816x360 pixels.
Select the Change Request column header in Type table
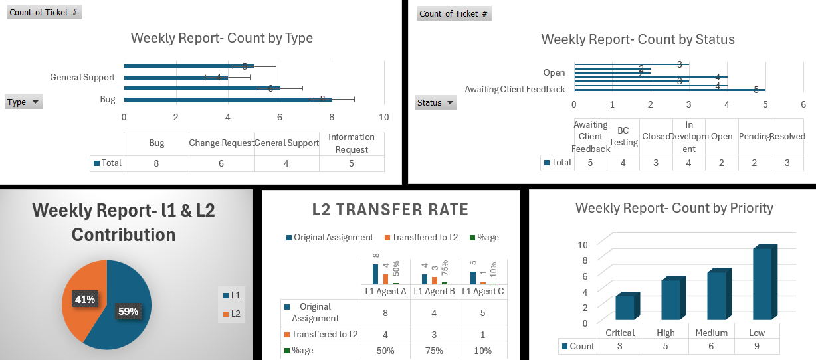pos(221,143)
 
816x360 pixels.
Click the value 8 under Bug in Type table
pos(156,163)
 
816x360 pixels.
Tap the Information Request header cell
pos(352,143)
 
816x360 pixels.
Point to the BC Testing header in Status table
pos(623,137)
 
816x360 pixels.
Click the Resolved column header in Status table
pos(788,137)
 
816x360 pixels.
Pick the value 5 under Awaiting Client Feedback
pos(590,163)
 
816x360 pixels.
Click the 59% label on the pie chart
pos(128,312)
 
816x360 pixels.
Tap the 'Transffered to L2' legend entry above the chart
pos(421,238)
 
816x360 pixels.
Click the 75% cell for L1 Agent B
pos(434,351)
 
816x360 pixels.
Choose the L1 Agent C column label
pos(482,291)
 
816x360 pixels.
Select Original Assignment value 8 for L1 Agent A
pos(385,312)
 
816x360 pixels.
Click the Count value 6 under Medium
pos(711,346)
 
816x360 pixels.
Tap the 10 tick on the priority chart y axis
pos(582,244)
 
